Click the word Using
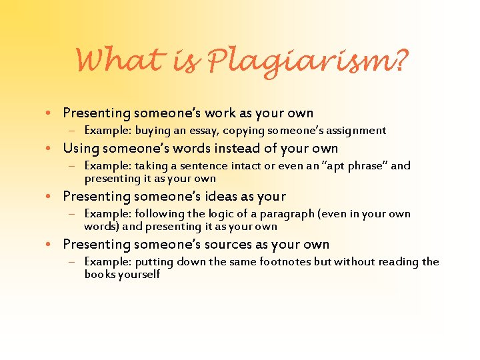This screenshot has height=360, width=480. point(81,148)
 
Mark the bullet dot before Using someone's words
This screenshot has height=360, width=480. point(53,149)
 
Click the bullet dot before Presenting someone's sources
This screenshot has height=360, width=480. point(53,245)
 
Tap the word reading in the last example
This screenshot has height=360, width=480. point(398,261)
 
